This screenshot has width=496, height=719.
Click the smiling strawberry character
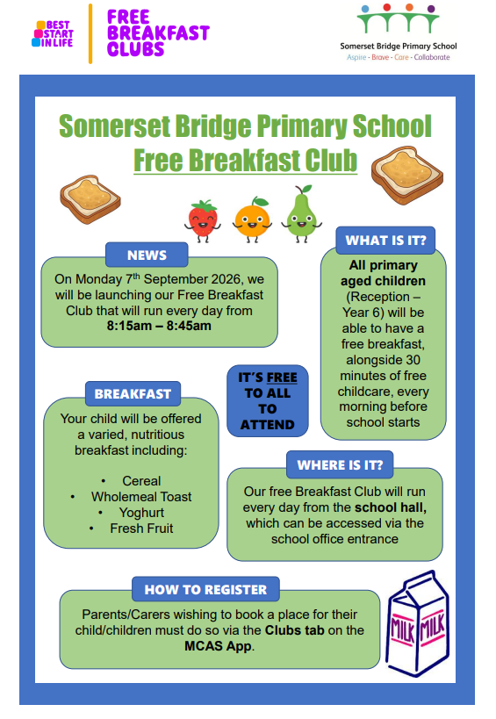coord(202,220)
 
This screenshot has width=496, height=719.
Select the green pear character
coord(301,214)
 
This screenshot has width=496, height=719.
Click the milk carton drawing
coord(418,623)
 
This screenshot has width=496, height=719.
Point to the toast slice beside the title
coord(407,175)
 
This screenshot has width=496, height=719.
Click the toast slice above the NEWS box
coord(90,199)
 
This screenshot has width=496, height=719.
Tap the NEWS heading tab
coord(147,255)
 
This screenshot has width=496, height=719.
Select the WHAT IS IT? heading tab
coord(385,241)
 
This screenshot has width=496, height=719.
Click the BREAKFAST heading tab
coord(133,394)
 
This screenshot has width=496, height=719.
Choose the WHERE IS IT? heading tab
coord(340,465)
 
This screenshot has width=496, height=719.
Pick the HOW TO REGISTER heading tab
coord(205,589)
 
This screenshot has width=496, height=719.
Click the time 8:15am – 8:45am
coord(159,326)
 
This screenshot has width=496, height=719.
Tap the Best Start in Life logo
coord(53,33)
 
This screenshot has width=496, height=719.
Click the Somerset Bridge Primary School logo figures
coord(398,18)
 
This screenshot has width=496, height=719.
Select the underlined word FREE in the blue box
coord(282,377)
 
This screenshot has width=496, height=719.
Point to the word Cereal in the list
coord(141,481)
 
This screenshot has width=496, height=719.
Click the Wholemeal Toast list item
coord(141,497)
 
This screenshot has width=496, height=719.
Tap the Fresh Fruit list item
coord(141,528)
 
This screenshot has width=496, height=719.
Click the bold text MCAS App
coord(218,646)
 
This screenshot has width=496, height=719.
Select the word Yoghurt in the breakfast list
coord(141,513)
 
